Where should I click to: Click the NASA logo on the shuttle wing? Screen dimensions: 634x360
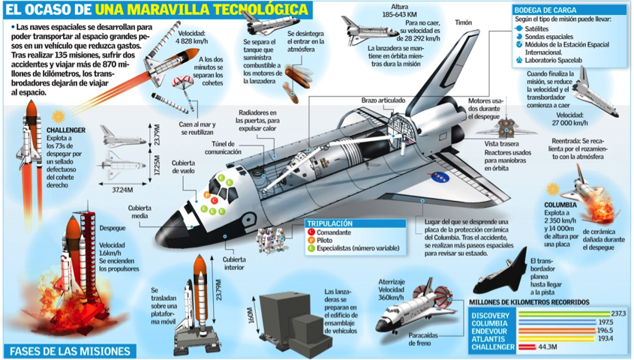tap(437, 178)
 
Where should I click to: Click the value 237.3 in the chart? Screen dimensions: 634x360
tap(617, 313)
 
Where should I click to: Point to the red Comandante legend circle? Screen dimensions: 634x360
tap(311, 232)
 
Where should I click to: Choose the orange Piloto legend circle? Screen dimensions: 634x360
tap(311, 241)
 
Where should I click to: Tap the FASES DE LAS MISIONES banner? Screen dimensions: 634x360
tap(68, 351)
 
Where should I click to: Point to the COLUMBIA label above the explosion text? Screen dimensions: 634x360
tap(560, 204)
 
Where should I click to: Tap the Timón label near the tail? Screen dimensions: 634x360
tap(463, 23)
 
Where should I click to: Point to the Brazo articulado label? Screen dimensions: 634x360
tap(383, 100)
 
